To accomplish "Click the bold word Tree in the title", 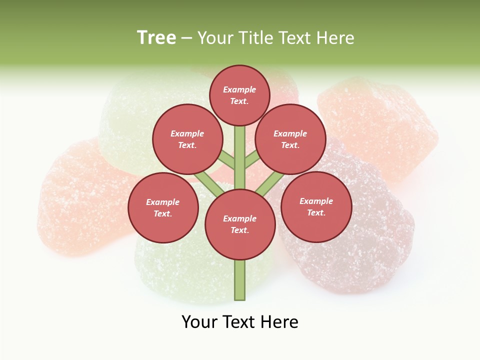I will coord(156,38).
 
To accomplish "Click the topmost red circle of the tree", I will coord(239,95).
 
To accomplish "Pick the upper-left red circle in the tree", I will coord(187,139).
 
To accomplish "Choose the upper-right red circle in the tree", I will coord(290,139).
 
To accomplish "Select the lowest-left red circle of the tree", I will coord(162,207).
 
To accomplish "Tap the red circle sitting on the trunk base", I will coord(239,224).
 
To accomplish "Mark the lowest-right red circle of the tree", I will coord(316,206).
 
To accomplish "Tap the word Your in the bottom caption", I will coord(199,322).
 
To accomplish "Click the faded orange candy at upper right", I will coord(380,125).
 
